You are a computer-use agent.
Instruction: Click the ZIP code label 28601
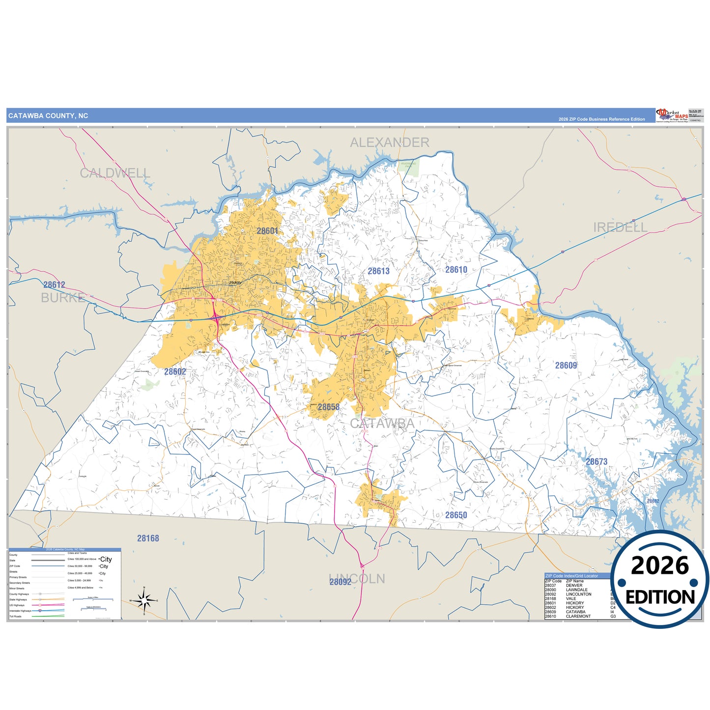(267, 231)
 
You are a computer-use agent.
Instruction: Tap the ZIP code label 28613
(378, 271)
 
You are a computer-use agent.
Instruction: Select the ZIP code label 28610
(456, 270)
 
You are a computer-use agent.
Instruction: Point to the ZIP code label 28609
(566, 366)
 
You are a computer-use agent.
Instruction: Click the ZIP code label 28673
(596, 462)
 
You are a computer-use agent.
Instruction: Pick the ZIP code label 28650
(456, 515)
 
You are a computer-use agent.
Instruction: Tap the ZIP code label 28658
(328, 407)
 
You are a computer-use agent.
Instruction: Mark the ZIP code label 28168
(148, 539)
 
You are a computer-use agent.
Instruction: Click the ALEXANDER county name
(389, 142)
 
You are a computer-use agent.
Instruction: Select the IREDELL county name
(620, 227)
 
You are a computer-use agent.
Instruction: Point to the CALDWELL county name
(114, 173)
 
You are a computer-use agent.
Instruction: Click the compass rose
(144, 600)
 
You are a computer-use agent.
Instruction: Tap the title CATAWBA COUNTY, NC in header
(48, 116)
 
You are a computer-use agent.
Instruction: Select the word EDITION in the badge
(660, 597)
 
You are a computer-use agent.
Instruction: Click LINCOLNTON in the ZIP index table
(578, 594)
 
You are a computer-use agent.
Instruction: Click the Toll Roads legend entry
(16, 616)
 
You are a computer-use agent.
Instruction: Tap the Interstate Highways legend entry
(20, 611)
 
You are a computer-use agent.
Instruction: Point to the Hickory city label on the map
(235, 283)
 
